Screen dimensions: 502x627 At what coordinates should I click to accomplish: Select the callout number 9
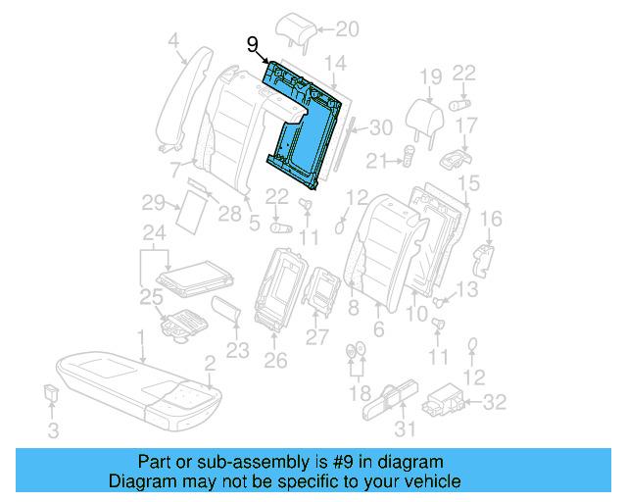click(253, 44)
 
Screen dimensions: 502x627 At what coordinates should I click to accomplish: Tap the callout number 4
click(173, 41)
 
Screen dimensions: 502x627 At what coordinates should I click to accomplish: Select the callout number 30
click(380, 126)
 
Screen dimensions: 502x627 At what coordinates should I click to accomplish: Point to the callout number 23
click(237, 349)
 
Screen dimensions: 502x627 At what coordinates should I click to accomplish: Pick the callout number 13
click(468, 288)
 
